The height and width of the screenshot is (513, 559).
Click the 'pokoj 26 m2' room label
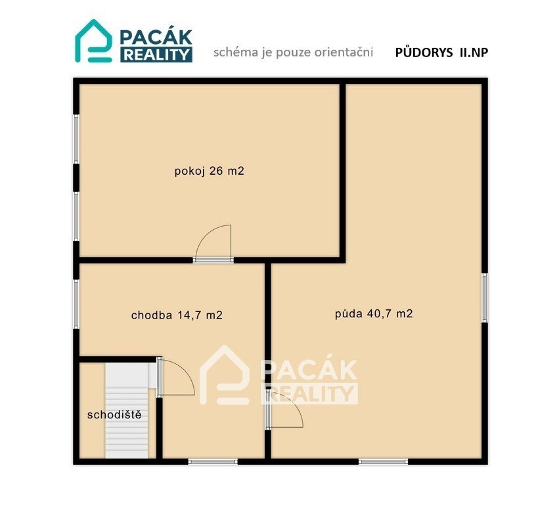[x=210, y=171]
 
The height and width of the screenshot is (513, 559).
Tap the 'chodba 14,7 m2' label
[x=177, y=315]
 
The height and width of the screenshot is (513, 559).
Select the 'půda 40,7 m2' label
[x=374, y=314]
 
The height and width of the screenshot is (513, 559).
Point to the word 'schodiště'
[x=114, y=414]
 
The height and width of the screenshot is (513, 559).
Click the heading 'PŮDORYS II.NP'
[x=441, y=53]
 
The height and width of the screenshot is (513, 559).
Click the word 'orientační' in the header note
[x=344, y=52]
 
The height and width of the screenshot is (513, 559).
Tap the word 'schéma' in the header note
[x=236, y=52]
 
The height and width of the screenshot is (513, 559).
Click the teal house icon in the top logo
[x=93, y=41]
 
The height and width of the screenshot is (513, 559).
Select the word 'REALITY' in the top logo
[x=156, y=55]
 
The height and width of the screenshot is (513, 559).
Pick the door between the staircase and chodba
[x=176, y=377]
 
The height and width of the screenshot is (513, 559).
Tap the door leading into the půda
[x=284, y=409]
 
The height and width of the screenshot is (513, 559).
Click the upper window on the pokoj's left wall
[x=76, y=139]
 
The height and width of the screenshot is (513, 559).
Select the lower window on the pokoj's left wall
[x=76, y=216]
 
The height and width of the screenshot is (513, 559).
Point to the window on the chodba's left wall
[x=76, y=304]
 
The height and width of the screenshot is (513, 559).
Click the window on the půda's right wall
[x=485, y=298]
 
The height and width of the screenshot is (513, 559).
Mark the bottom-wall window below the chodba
[x=213, y=462]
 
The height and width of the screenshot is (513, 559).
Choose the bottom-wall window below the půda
[x=383, y=462]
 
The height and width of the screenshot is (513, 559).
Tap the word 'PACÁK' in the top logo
[x=156, y=37]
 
